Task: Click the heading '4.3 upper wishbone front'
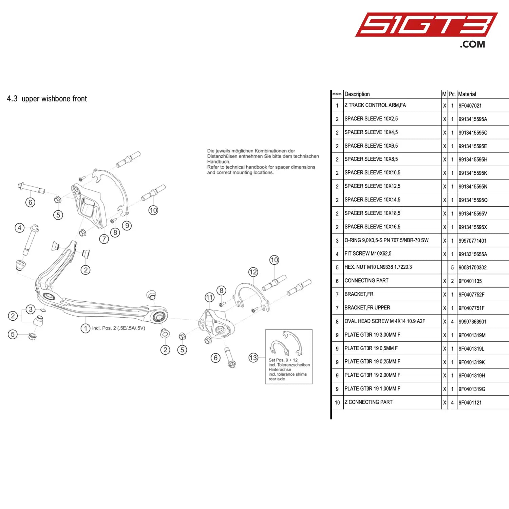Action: (x=47, y=99)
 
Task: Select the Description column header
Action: (x=357, y=94)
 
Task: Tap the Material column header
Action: (x=467, y=94)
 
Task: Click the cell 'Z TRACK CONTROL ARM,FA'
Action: (x=375, y=105)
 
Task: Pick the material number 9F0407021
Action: (x=470, y=106)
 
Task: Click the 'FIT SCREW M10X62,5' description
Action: (x=368, y=253)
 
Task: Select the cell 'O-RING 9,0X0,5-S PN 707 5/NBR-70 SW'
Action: (x=386, y=240)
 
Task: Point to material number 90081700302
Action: (x=472, y=267)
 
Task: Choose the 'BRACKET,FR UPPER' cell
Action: (x=367, y=308)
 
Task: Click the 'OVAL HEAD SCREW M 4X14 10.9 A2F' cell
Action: (x=384, y=321)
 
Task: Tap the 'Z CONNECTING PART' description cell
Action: (x=368, y=402)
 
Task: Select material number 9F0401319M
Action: (x=472, y=335)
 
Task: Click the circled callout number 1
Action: (x=86, y=328)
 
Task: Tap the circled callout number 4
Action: (x=20, y=228)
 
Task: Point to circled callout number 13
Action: (x=253, y=358)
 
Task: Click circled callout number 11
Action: (x=210, y=298)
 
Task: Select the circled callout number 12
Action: (x=253, y=272)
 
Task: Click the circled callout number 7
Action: (x=104, y=239)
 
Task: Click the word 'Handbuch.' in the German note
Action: (x=219, y=162)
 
